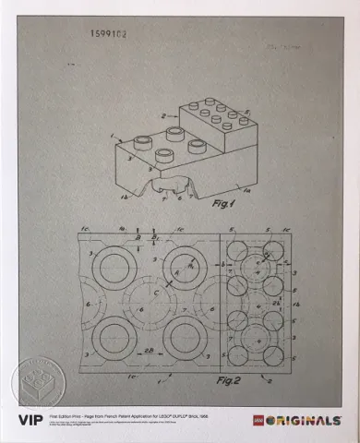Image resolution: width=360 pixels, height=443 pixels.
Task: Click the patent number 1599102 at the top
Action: pyautogui.click(x=110, y=33)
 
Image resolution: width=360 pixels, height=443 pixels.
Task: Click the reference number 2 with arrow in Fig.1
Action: pyautogui.click(x=164, y=116)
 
